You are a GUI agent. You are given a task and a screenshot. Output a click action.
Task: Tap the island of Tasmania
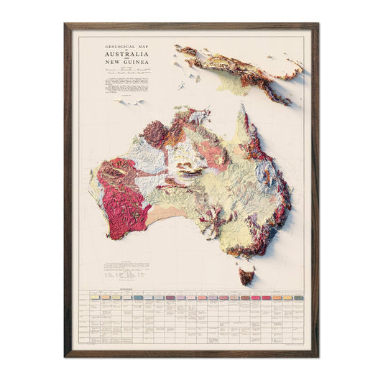click(x=246, y=275)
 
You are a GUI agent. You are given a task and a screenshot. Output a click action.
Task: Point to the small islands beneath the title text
click(x=129, y=103)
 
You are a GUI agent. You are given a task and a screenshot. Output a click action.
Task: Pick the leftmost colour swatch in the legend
click(x=93, y=297)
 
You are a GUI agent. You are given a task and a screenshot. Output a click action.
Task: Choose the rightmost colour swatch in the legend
click(x=297, y=297)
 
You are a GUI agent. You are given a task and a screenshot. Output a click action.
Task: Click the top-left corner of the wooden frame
click(x=66, y=26)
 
